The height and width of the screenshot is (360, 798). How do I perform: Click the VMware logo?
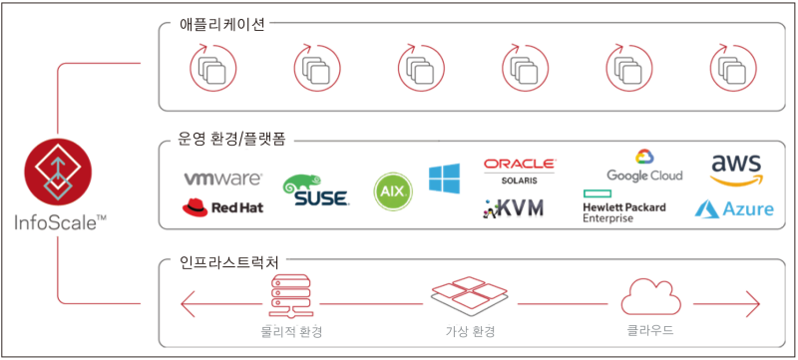(221, 180)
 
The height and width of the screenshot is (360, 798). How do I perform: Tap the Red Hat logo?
(221, 207)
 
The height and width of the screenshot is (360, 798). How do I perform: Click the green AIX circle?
(393, 190)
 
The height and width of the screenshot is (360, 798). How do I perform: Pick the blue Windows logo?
(445, 180)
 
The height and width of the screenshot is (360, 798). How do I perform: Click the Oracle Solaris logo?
(520, 170)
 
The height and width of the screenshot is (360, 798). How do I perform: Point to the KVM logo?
(516, 208)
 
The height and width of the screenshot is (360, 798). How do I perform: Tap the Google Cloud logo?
(644, 166)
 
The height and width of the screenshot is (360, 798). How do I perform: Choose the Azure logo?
(736, 208)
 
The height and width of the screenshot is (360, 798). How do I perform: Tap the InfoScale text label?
(58, 221)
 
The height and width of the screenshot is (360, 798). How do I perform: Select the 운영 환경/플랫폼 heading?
(230, 139)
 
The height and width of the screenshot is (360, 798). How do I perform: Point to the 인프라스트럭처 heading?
(229, 260)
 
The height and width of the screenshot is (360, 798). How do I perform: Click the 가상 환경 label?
(468, 330)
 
